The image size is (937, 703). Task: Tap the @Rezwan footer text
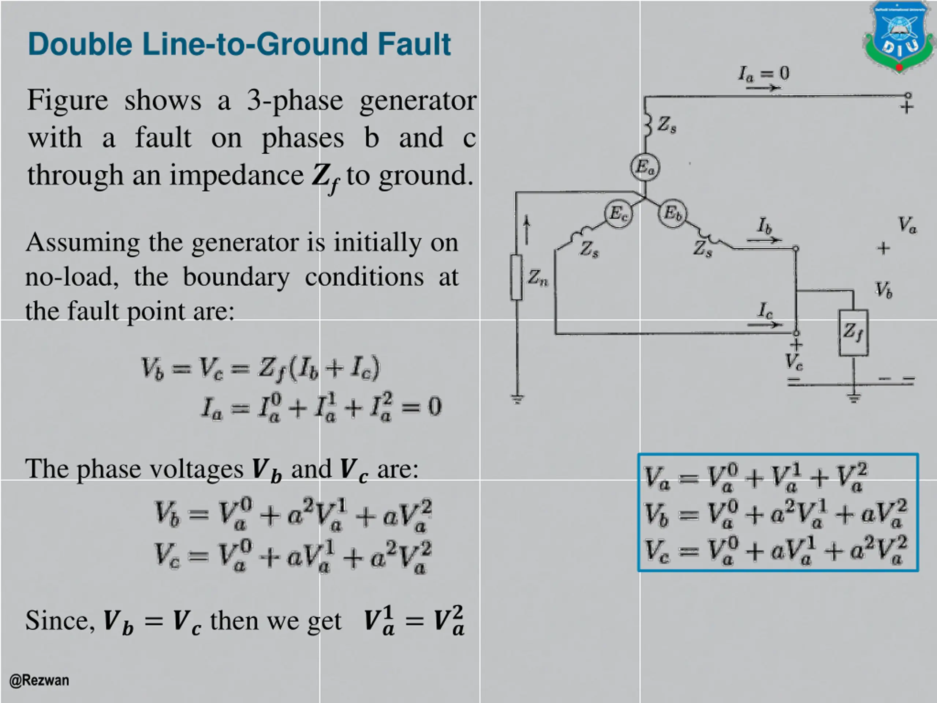click(x=39, y=680)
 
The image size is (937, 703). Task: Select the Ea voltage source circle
click(x=645, y=167)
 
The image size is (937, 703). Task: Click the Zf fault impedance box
click(x=853, y=332)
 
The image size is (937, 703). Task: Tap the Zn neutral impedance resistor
click(x=516, y=278)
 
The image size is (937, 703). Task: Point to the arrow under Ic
click(x=765, y=325)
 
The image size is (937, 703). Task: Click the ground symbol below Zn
click(x=517, y=399)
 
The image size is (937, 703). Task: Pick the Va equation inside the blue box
click(x=756, y=477)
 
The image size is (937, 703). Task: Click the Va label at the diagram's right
click(x=907, y=225)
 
